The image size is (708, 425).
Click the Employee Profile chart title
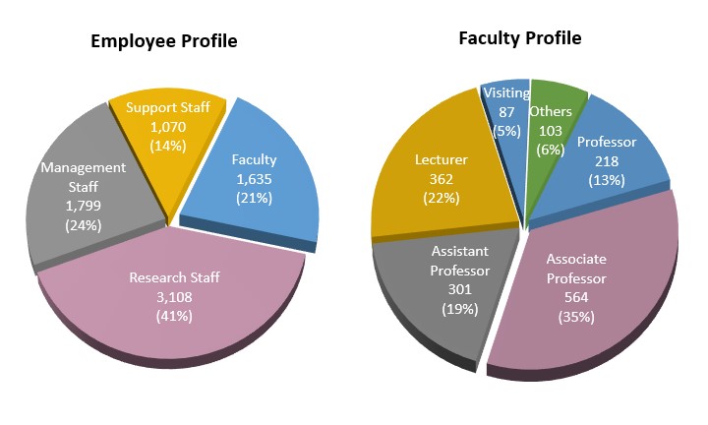tap(164, 41)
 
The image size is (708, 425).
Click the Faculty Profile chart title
tap(520, 38)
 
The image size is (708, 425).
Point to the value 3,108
tap(175, 297)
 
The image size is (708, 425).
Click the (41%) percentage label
tap(175, 316)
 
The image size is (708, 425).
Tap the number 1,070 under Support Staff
tap(163, 127)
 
